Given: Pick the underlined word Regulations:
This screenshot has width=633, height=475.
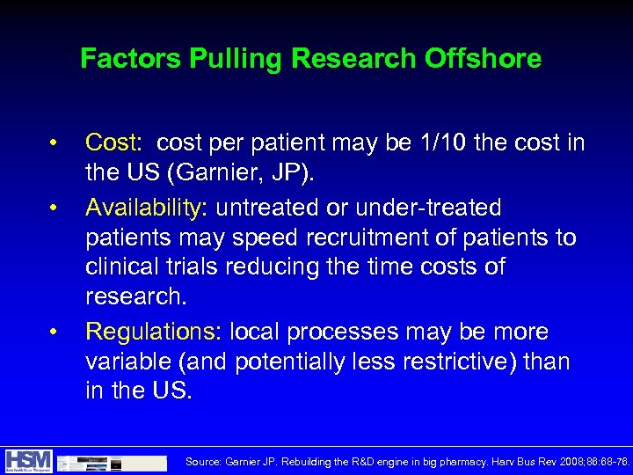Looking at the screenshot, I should click(154, 332).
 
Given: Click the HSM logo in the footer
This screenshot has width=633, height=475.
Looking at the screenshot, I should click(28, 460).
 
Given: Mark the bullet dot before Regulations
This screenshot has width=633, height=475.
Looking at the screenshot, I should click(54, 332).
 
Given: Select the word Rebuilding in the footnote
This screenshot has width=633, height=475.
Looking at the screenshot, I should click(310, 461).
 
